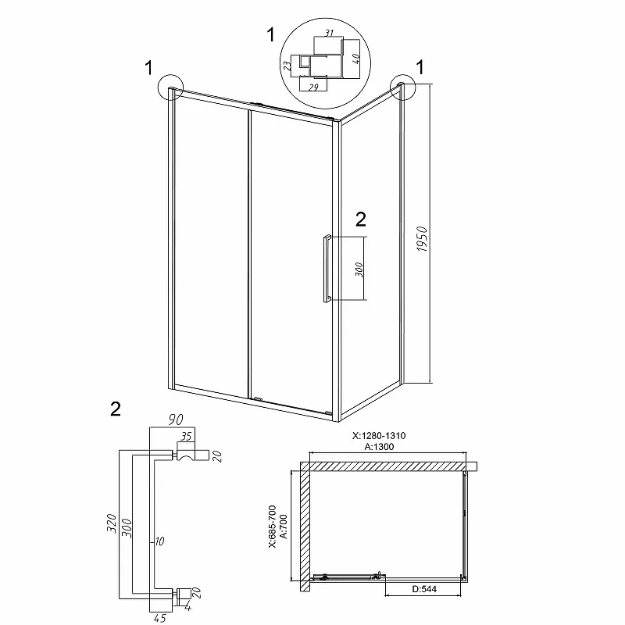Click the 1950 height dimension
422,239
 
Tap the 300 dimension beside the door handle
359,270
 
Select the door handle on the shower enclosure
327,268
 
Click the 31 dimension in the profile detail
329,33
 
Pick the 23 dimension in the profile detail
287,66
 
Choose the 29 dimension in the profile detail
313,87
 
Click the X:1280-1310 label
379,435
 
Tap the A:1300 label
379,446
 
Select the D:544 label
424,589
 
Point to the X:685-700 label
273,527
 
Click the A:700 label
284,527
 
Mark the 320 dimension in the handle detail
112,523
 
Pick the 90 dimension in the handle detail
175,420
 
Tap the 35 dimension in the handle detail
186,436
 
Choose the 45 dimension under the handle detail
159,618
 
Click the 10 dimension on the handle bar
159,541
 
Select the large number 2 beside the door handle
360,220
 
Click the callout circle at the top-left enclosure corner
170,87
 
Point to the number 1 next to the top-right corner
420,67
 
